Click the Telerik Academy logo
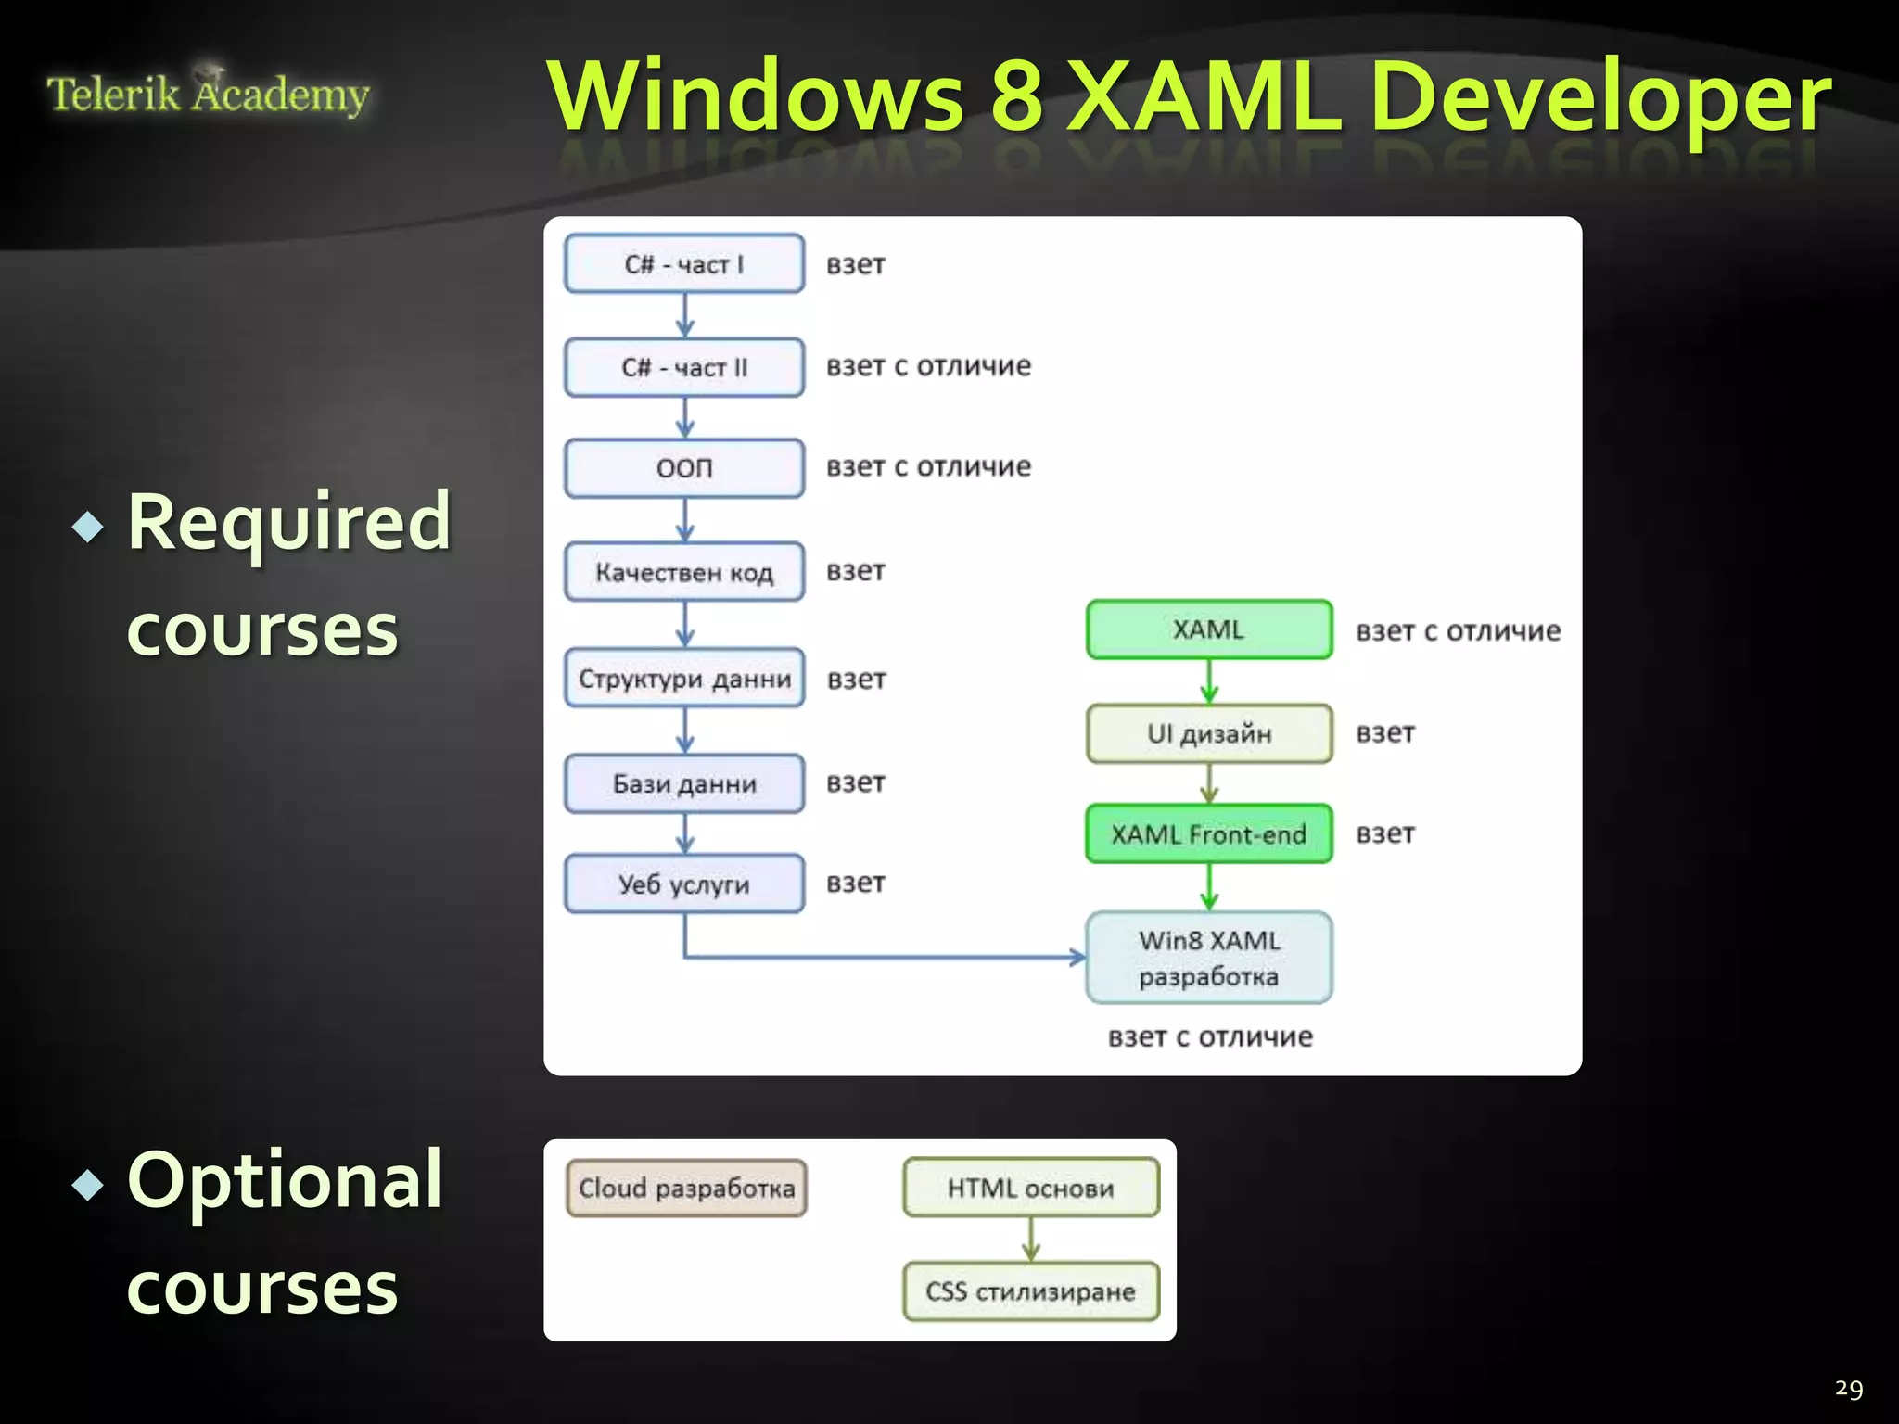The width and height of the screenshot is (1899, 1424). click(x=208, y=93)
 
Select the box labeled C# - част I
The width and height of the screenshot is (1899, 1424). click(x=684, y=264)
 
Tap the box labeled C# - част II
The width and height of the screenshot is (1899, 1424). click(x=684, y=367)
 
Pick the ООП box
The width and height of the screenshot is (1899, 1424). click(x=684, y=468)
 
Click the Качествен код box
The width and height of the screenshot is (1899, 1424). click(x=684, y=572)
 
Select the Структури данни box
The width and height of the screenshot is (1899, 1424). click(x=684, y=678)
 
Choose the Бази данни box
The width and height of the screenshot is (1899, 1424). click(x=684, y=783)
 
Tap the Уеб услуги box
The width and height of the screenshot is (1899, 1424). click(x=684, y=884)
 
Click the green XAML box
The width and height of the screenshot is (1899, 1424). click(x=1209, y=629)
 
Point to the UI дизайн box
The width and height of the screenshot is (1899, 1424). click(x=1209, y=733)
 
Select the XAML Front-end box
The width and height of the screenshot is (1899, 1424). click(x=1209, y=833)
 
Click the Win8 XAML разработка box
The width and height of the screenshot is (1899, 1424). click(x=1209, y=958)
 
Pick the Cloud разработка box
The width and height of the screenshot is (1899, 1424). click(x=686, y=1188)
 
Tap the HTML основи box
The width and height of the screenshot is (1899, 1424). click(x=1030, y=1188)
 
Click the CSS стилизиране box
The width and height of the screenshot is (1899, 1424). click(x=1030, y=1290)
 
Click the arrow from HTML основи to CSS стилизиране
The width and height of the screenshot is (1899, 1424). click(x=1031, y=1239)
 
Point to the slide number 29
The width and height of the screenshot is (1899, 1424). click(x=1848, y=1388)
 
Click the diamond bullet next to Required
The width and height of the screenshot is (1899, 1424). click(x=88, y=527)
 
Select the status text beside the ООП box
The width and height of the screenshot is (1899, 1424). click(x=928, y=466)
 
